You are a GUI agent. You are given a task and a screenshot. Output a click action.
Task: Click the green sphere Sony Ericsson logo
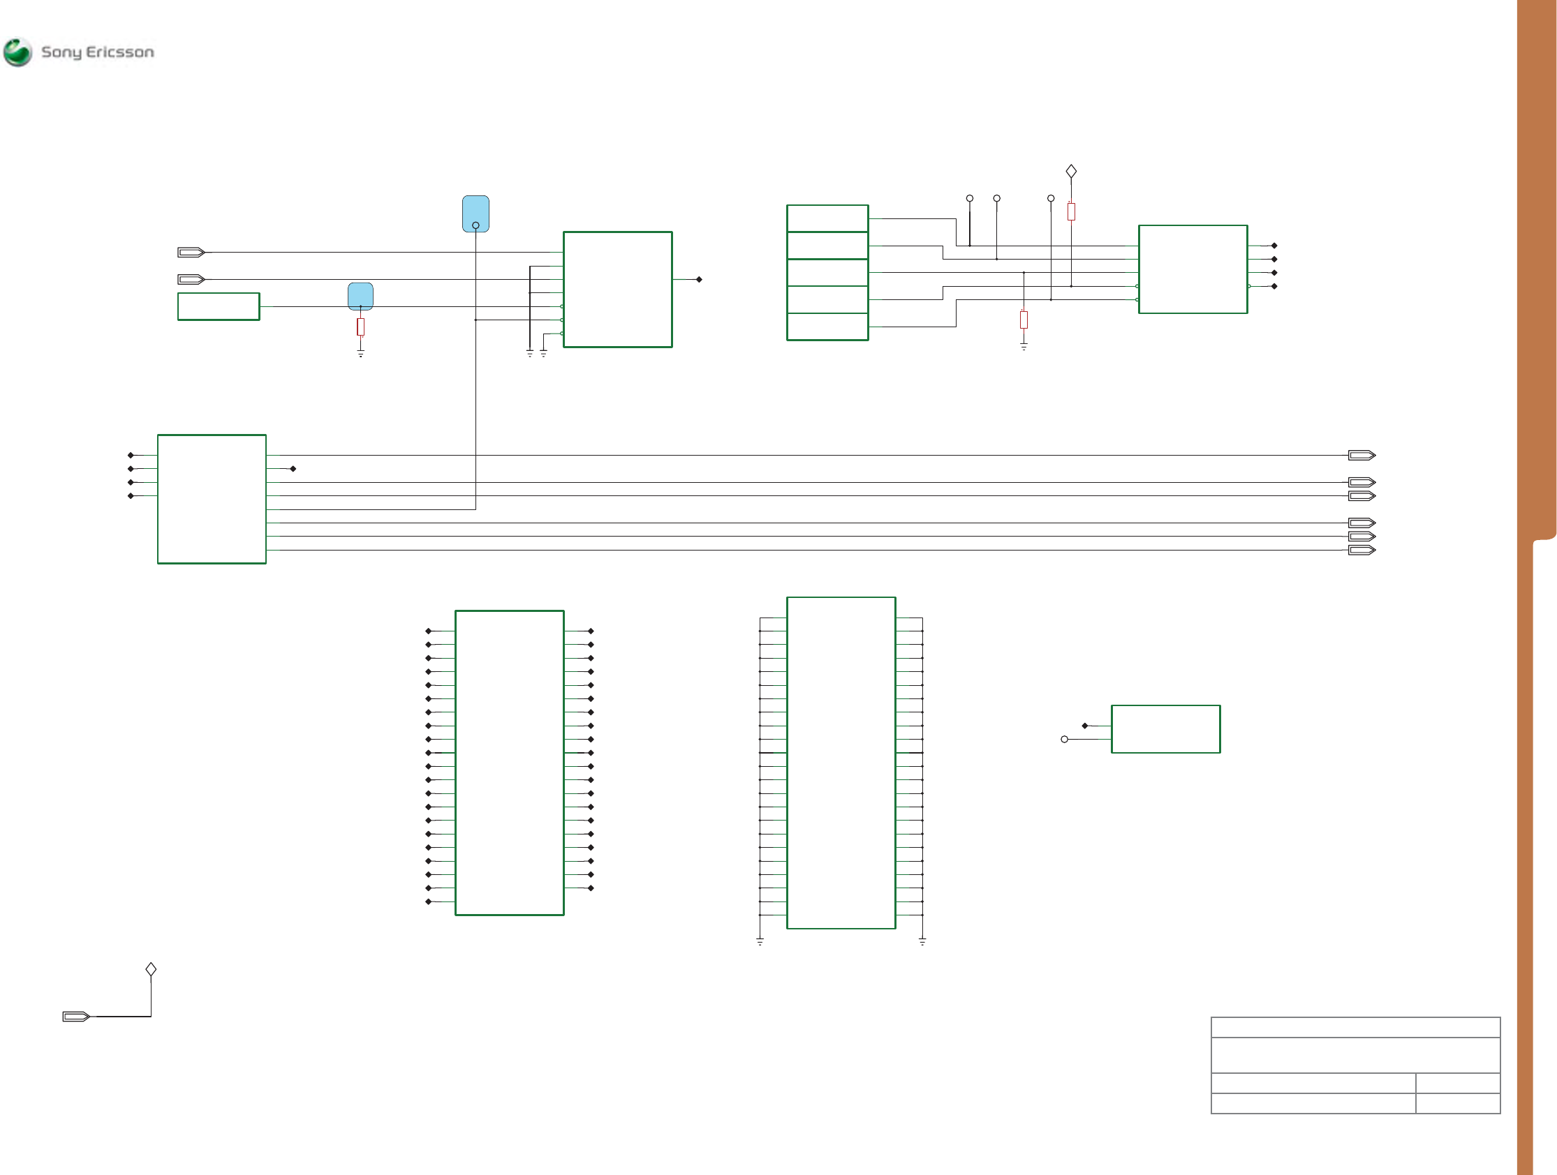click(17, 52)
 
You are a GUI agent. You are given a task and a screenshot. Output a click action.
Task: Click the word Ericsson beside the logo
click(119, 52)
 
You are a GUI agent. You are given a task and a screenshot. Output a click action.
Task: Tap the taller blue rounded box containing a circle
click(476, 214)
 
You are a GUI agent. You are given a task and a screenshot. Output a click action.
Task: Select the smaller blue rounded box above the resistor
click(360, 297)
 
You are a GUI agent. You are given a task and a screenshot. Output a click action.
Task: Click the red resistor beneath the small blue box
click(360, 327)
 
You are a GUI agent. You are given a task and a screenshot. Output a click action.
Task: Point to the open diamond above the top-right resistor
click(1071, 171)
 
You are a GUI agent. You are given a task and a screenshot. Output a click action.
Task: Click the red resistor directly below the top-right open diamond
click(1071, 211)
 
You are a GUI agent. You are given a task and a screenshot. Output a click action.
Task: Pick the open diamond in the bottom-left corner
click(151, 969)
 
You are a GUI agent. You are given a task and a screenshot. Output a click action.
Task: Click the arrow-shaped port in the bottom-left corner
click(76, 1016)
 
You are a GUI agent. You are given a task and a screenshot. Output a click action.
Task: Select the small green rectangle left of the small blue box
click(219, 306)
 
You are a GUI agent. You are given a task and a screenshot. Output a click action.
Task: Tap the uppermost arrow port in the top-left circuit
click(191, 252)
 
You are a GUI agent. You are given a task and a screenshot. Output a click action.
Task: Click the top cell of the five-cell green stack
click(827, 218)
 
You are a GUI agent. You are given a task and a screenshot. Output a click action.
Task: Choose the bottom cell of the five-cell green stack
click(827, 327)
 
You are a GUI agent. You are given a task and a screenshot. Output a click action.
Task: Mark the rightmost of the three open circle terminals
click(1051, 198)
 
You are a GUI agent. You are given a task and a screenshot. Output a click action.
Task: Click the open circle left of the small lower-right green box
click(1064, 739)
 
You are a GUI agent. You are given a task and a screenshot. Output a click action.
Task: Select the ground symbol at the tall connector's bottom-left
click(760, 941)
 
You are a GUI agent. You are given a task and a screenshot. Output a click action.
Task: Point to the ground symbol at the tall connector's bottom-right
click(922, 941)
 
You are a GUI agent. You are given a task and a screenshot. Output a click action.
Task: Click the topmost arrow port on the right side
click(1362, 455)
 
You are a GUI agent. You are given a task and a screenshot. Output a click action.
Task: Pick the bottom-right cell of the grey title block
click(1458, 1103)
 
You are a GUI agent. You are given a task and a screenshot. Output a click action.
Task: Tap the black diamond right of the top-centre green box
click(699, 279)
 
